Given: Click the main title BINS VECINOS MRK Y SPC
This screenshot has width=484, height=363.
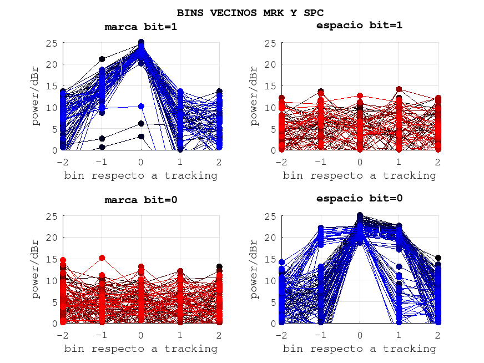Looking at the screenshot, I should [250, 12].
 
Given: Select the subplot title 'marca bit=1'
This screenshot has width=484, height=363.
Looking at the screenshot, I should [141, 27].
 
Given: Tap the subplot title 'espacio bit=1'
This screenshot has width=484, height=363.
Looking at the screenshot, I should [359, 25].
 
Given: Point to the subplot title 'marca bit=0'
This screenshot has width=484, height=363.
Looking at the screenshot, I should [141, 200].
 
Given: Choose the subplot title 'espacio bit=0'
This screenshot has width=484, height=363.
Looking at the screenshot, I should [359, 198].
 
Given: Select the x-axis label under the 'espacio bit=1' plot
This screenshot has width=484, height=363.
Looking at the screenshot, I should [359, 175].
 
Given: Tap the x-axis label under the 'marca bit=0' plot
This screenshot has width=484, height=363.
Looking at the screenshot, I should [141, 349].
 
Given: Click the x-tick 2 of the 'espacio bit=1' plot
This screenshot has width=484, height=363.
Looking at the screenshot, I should [437, 162].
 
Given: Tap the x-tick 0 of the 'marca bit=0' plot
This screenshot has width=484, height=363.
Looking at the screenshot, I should [141, 335].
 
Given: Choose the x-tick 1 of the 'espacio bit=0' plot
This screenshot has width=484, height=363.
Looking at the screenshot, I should [399, 335].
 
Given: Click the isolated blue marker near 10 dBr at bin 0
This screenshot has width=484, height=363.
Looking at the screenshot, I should [141, 106].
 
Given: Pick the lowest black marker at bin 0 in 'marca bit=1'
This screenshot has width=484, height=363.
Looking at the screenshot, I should [141, 137].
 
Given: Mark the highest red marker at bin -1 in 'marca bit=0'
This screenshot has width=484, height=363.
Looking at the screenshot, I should [102, 258].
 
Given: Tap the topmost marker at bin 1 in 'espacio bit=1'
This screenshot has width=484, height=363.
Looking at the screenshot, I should [399, 89].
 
